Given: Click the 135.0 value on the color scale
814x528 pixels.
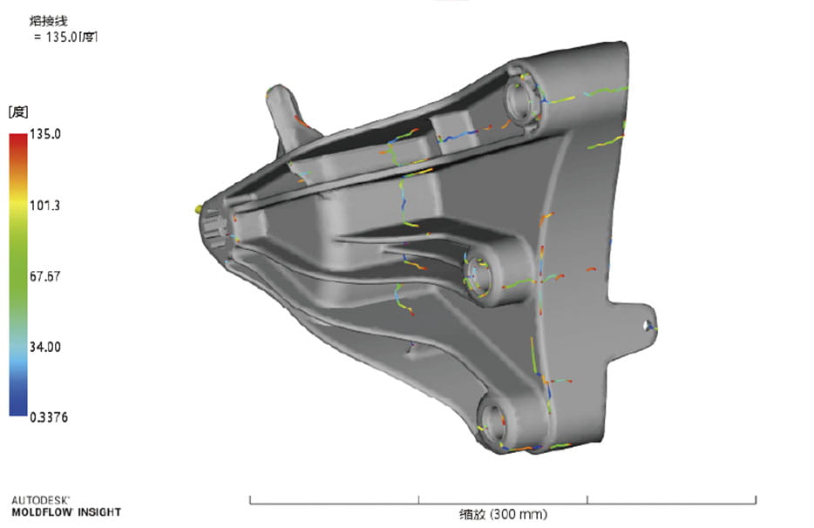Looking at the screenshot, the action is pos(44,134).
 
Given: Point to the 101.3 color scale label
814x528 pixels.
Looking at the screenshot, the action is pos(44,206).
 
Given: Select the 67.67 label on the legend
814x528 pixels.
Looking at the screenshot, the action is pos(44,276).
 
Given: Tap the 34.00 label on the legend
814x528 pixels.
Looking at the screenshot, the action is pos(44,347).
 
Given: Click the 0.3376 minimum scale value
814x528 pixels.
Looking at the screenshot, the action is pos(48,417).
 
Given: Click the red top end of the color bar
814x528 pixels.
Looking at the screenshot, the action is pos(18,135).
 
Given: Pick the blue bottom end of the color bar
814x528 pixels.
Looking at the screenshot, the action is pos(18,413).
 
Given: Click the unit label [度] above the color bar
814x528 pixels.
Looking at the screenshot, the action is pos(18,112).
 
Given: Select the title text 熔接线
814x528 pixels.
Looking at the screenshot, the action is pos(48,21).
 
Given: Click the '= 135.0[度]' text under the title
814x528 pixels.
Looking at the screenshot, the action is pos(65,37).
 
